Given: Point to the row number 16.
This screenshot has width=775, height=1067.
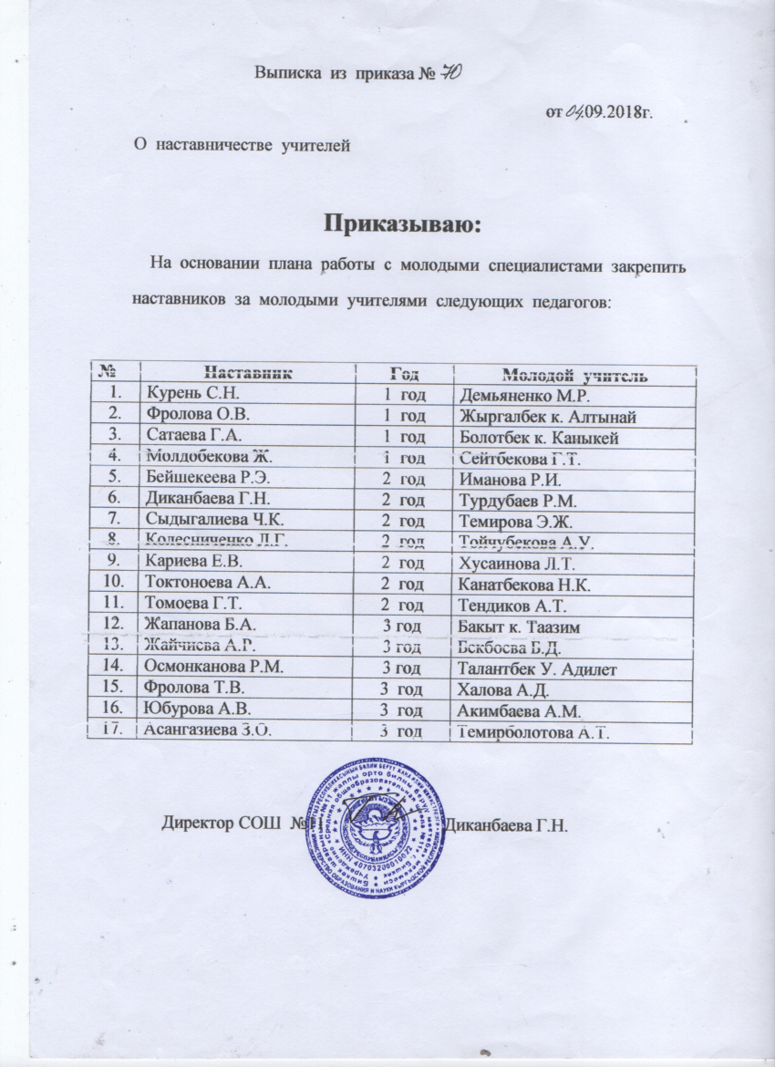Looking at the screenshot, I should [114, 709].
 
